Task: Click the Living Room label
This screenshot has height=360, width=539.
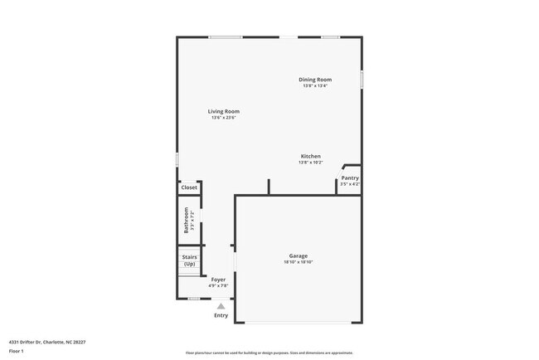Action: click(224, 111)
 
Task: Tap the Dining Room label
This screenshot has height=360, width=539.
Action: click(315, 80)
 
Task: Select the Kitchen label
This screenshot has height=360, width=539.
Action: click(310, 156)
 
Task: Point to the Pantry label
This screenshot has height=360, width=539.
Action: click(350, 178)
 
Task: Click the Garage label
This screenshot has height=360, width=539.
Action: click(299, 255)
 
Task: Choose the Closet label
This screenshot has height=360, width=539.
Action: click(189, 187)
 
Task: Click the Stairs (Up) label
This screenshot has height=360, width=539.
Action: click(189, 260)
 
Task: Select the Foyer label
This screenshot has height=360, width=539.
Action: click(218, 280)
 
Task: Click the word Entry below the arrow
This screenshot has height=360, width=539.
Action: click(221, 315)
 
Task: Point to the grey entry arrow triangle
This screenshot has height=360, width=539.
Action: click(221, 305)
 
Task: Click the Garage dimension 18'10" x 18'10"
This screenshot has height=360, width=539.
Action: click(299, 262)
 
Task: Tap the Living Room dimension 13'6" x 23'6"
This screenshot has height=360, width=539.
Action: click(224, 118)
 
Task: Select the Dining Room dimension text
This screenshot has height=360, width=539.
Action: click(315, 86)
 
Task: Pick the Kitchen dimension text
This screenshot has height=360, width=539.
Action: click(310, 163)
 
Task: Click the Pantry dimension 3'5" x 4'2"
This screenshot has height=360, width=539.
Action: click(350, 184)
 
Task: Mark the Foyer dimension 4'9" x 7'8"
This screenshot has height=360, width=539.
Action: click(218, 286)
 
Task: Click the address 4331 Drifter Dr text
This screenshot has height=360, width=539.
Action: click(47, 341)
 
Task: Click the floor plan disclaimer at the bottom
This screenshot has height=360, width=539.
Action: click(269, 352)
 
